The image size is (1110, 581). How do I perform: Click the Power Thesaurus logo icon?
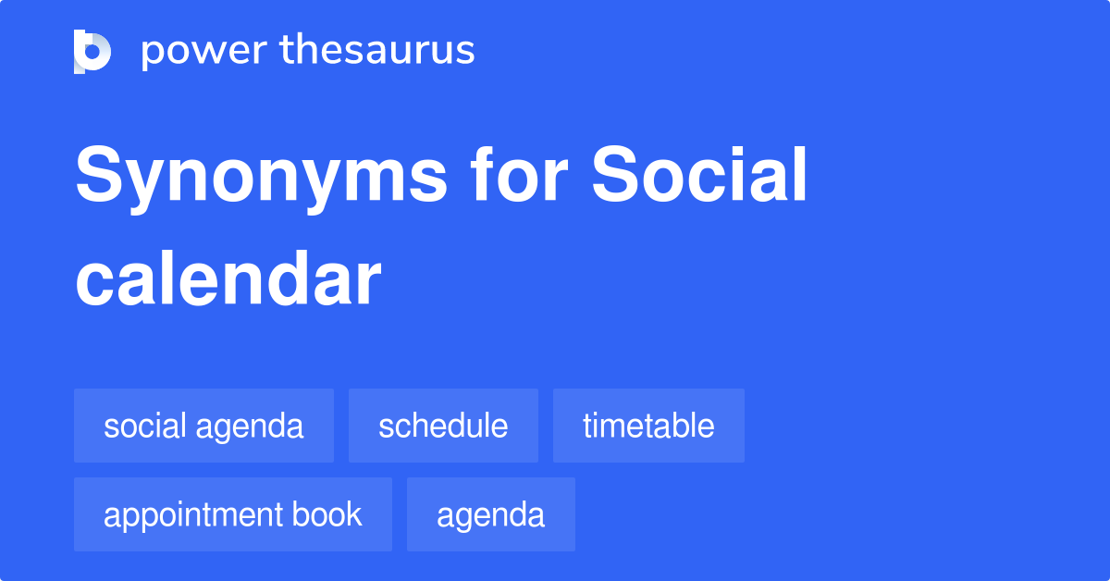pos(92,52)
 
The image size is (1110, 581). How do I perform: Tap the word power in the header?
pos(204,52)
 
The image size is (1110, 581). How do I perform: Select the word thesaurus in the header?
pos(377,49)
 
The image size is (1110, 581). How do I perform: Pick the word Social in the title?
pos(699,174)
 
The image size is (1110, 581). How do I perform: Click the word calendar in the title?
pos(228,278)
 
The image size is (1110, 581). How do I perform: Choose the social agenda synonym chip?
pos(203,426)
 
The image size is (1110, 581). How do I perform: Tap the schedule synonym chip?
pos(443,426)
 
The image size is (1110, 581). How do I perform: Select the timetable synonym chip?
pos(648,426)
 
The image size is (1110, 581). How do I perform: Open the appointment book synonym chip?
pos(233,514)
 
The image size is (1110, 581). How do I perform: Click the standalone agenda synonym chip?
pos(491,514)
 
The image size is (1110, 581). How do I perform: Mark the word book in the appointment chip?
pos(327,513)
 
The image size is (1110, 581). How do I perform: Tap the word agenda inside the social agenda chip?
pos(249,427)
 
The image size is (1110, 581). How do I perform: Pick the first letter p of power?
pos(154,55)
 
